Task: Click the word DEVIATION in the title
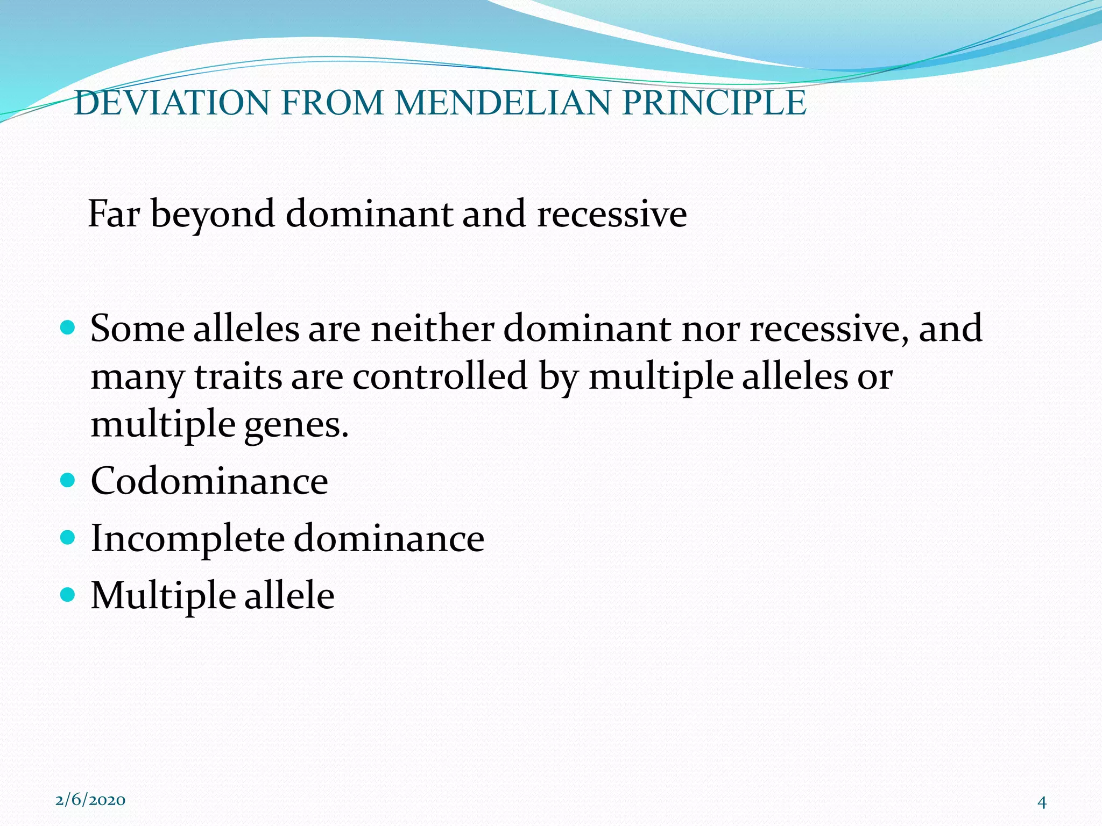[x=172, y=103]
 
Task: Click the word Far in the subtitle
[x=114, y=214]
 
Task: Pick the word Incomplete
[x=187, y=539]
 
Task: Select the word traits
[x=238, y=377]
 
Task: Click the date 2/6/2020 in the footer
[x=90, y=800]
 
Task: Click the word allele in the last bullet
[x=289, y=596]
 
